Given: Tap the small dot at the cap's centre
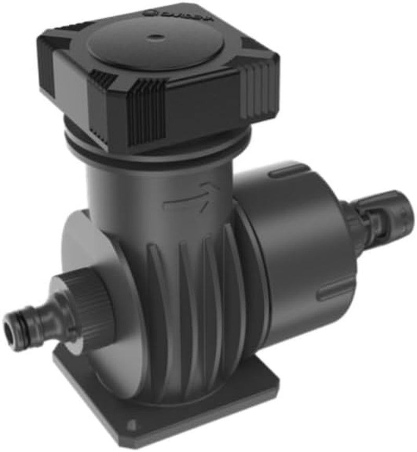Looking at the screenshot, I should pos(155,38).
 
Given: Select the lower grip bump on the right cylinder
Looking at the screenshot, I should pos(334,292).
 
